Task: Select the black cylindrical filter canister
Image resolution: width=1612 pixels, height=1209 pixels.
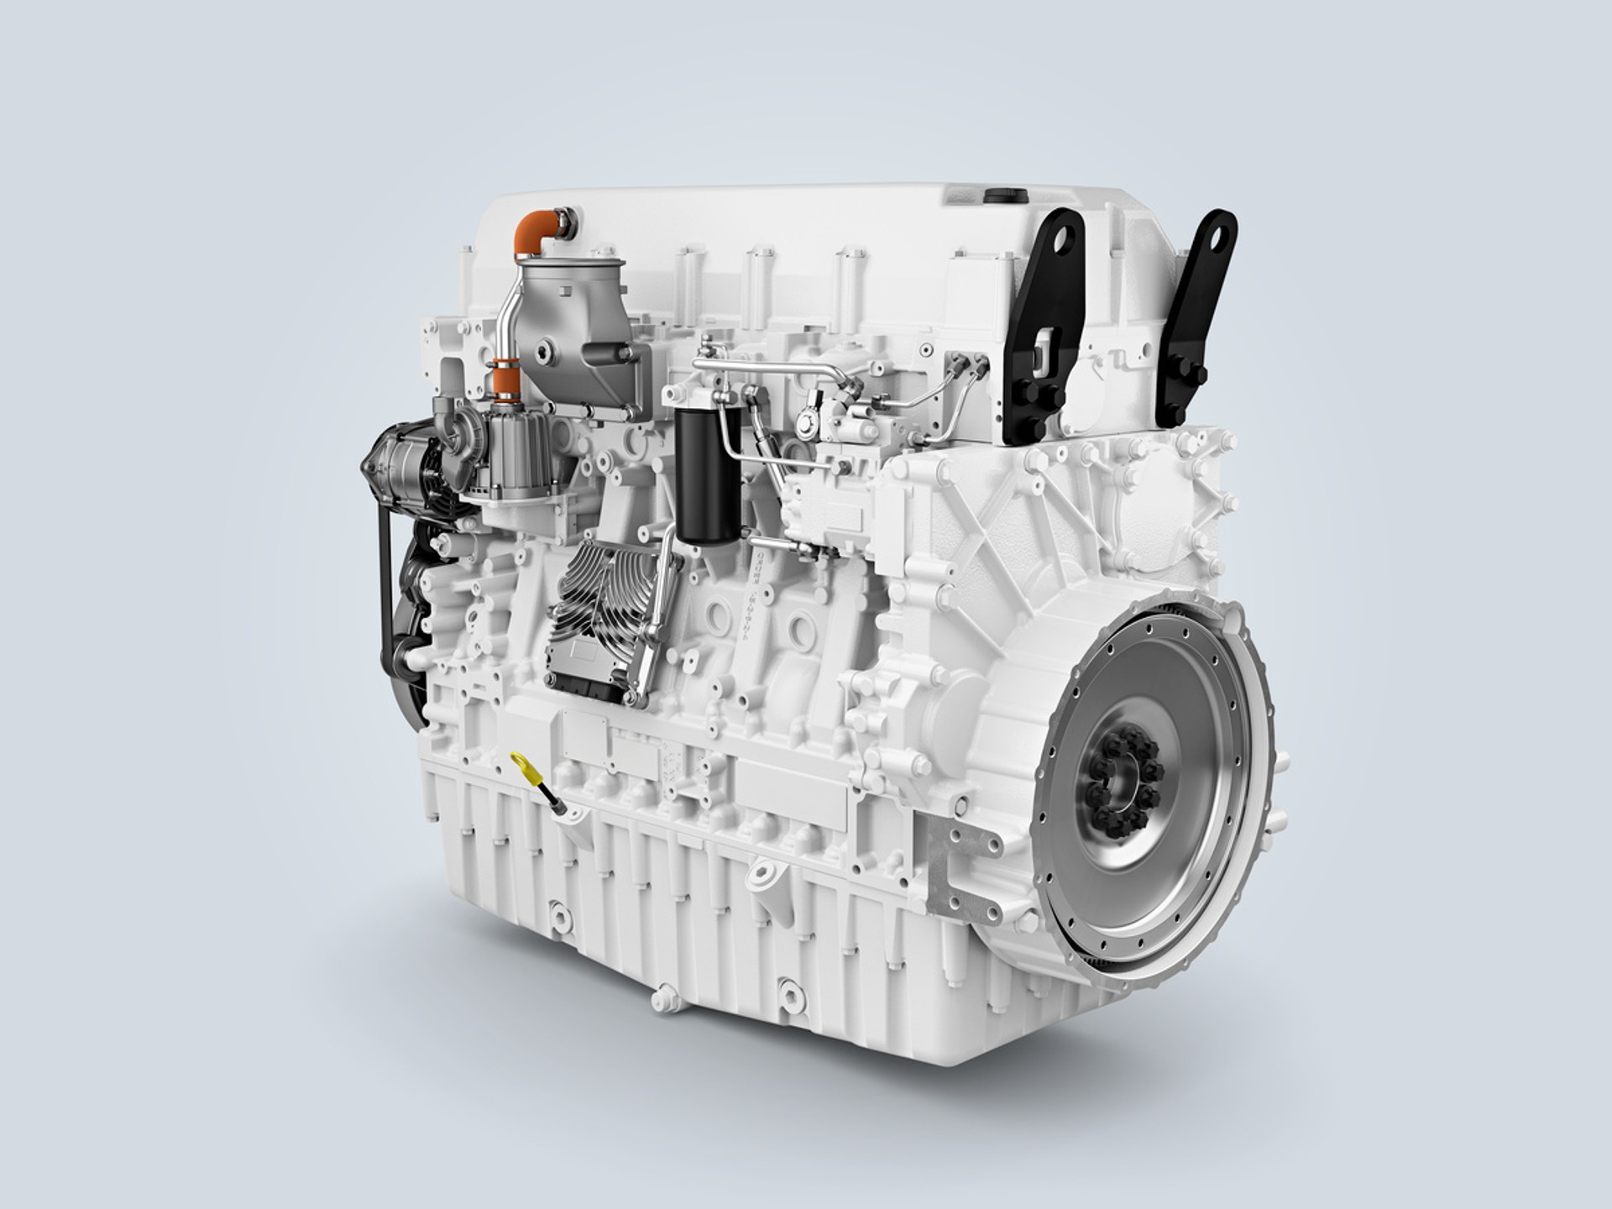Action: pyautogui.click(x=695, y=474)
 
